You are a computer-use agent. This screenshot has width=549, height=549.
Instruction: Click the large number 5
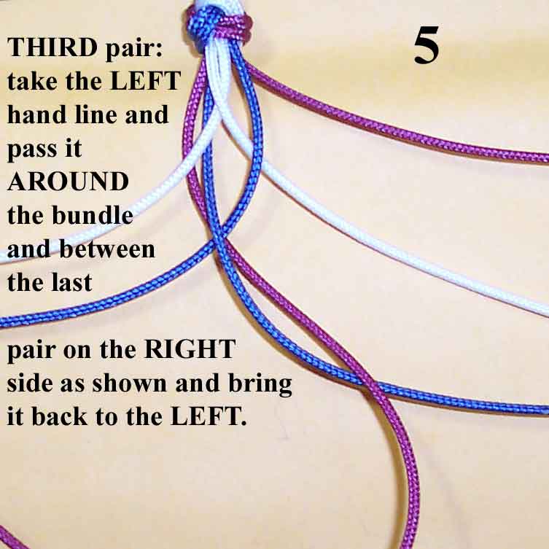426,45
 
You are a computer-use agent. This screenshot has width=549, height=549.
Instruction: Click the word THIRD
52,47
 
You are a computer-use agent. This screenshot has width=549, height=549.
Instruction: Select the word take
32,81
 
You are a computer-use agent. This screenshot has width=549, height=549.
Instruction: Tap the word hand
37,114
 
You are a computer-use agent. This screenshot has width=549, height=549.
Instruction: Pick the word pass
32,149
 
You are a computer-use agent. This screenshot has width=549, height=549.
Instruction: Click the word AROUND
68,182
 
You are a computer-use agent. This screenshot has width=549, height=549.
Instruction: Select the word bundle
93,214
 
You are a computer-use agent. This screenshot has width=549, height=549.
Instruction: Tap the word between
107,249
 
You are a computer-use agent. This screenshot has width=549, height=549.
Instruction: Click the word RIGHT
190,349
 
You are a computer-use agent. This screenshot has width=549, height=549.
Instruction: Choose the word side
28,383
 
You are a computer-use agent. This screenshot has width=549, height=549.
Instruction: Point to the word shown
129,383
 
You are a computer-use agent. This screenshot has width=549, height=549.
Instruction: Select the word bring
260,384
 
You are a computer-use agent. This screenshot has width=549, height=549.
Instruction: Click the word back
60,416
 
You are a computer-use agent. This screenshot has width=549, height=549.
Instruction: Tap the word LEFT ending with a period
209,416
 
